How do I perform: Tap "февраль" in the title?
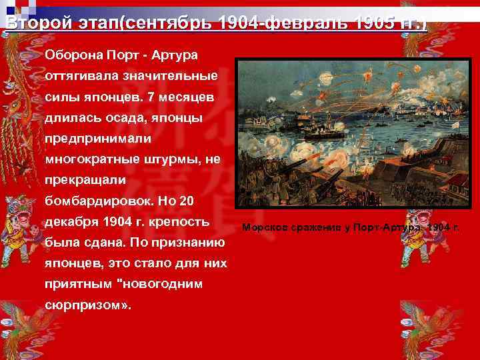[x=292, y=24]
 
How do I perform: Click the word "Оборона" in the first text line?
[x=73, y=53]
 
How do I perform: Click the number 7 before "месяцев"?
[x=151, y=97]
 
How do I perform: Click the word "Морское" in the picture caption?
[x=263, y=227]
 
